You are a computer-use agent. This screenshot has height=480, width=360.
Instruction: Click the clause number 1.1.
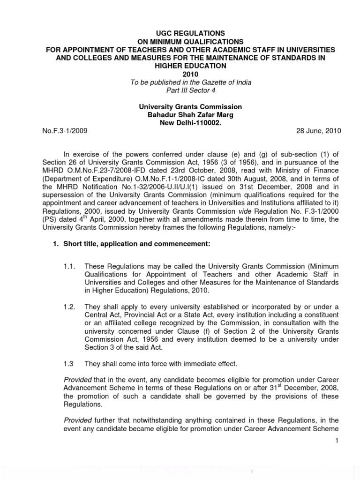(69, 266)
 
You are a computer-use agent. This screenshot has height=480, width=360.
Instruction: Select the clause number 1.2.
(69, 307)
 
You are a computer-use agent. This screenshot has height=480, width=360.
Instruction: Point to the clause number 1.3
(68, 363)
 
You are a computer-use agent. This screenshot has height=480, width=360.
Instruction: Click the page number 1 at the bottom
(337, 441)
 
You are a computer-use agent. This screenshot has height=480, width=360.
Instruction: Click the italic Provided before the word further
(77, 420)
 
